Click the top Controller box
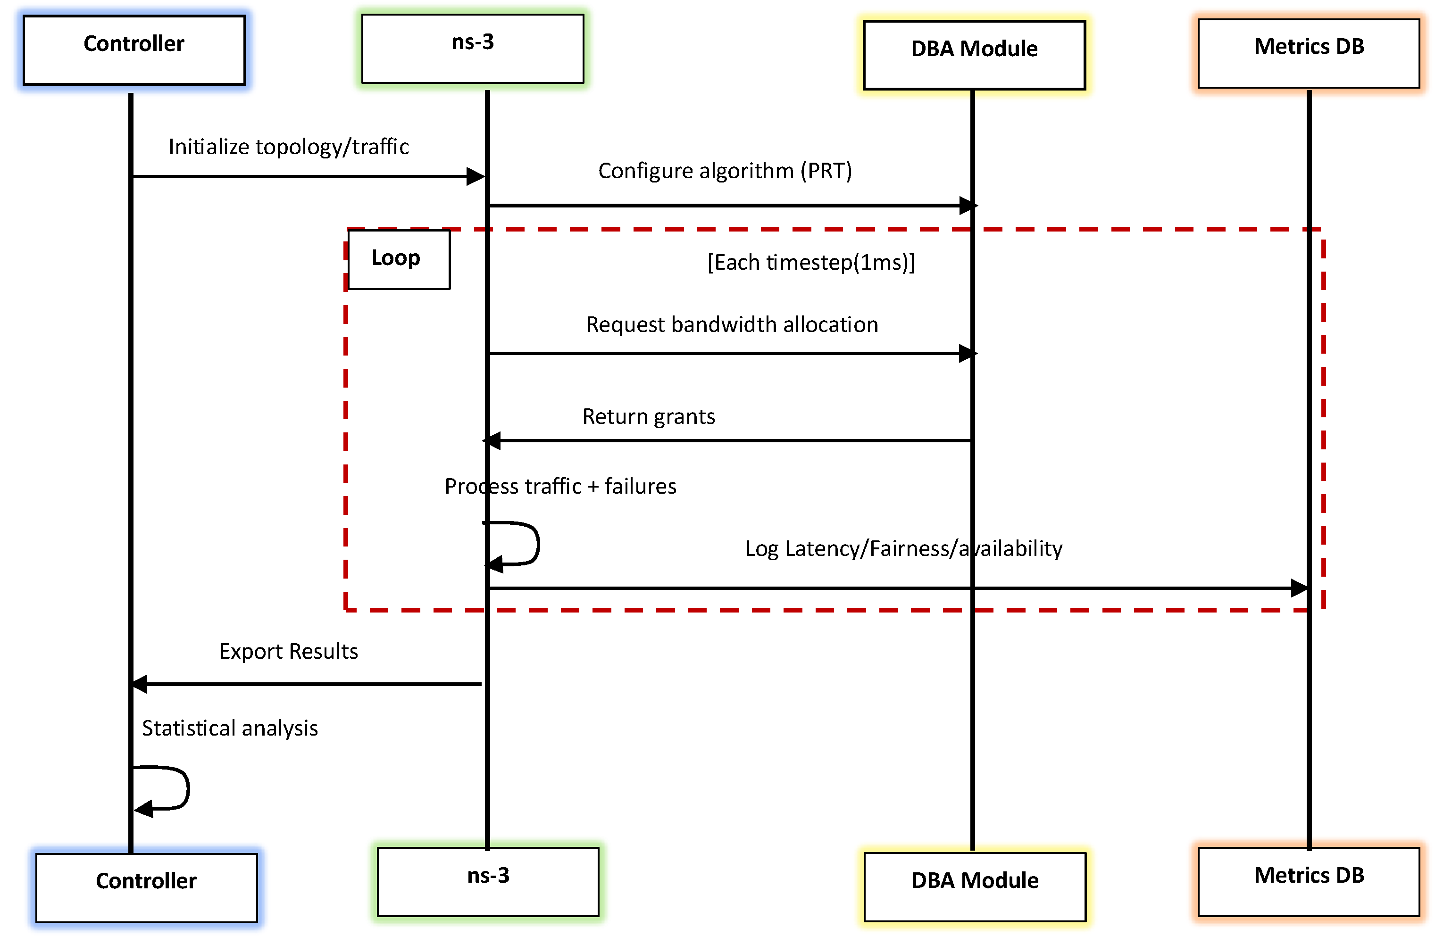(134, 50)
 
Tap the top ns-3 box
(472, 49)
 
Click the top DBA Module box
(974, 55)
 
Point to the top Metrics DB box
(1308, 53)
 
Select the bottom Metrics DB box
(1308, 881)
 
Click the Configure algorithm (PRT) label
(724, 171)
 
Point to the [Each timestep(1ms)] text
(810, 262)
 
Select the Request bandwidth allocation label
(732, 324)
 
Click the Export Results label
(288, 651)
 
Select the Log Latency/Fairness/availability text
(903, 548)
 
